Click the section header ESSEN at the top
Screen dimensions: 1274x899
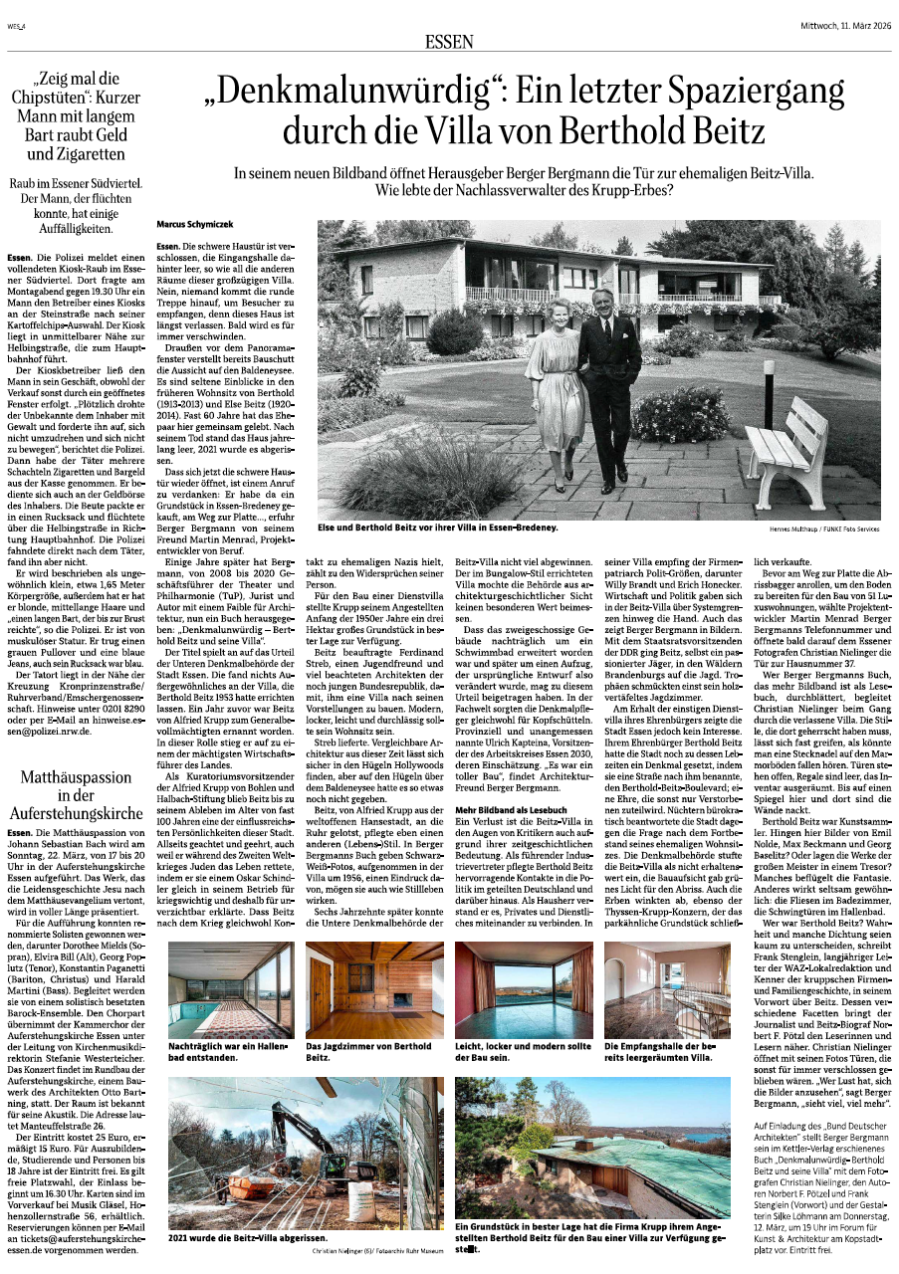pyautogui.click(x=449, y=41)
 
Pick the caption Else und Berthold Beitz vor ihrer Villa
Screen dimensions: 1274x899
pyautogui.click(x=438, y=526)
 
